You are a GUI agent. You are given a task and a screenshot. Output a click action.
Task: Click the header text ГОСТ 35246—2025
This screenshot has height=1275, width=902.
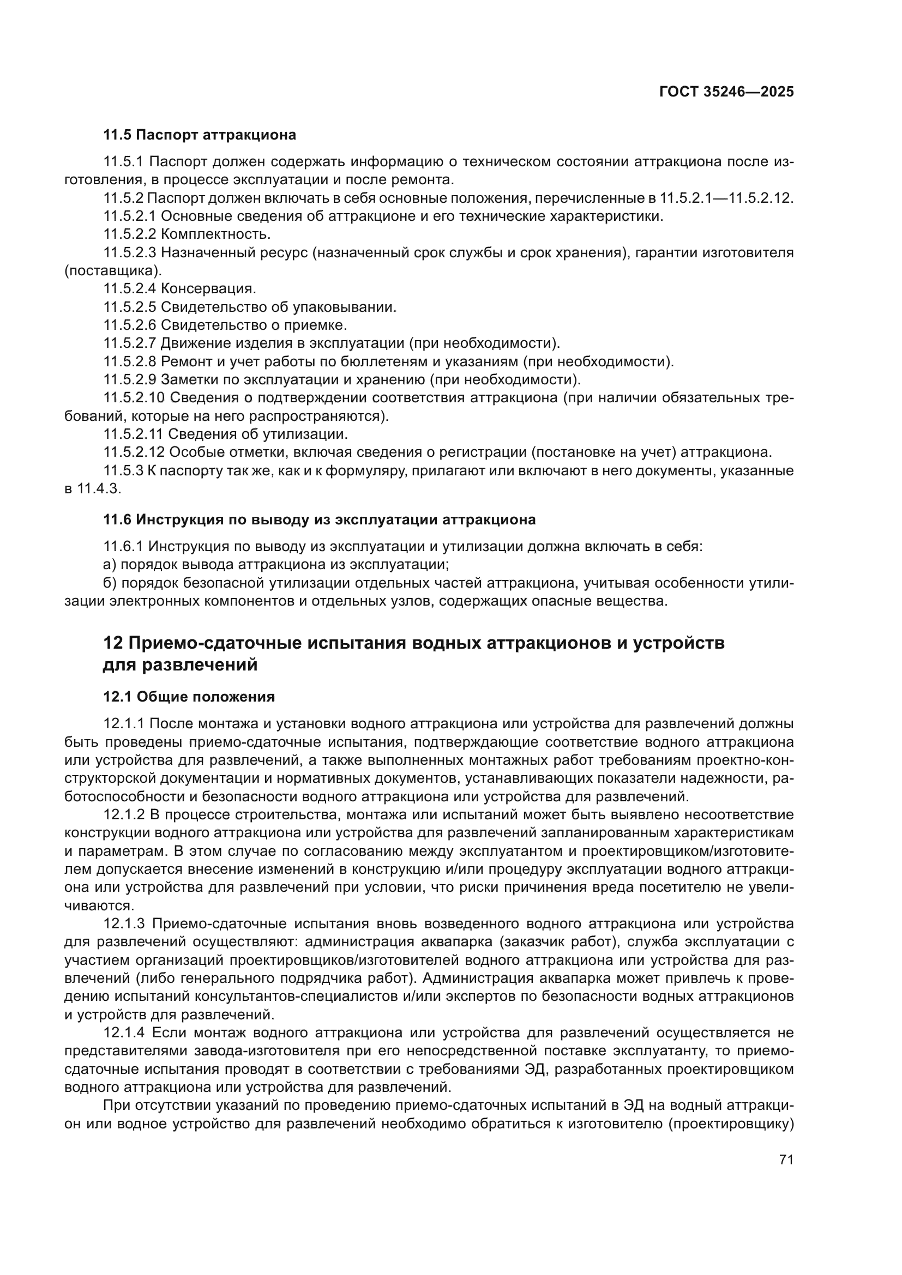click(x=726, y=92)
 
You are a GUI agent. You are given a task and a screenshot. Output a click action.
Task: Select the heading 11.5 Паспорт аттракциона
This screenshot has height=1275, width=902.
click(x=200, y=135)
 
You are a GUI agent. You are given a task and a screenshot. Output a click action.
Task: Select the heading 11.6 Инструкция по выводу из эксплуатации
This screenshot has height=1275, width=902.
click(x=320, y=520)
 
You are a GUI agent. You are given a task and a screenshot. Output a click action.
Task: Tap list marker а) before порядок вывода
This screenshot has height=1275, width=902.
click(x=110, y=565)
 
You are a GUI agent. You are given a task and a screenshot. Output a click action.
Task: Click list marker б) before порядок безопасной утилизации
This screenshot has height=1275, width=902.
click(x=110, y=584)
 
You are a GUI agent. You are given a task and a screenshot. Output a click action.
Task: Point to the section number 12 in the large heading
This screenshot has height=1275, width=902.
click(x=113, y=643)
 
